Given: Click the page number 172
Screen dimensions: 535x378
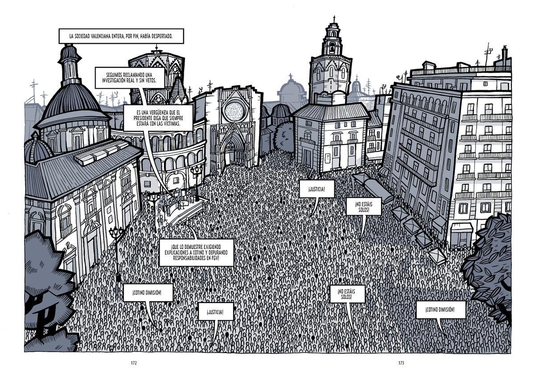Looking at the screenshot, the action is [x=133, y=363].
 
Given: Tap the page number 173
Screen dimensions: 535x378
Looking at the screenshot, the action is [x=401, y=363].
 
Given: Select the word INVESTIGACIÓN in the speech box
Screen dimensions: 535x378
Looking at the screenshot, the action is [x=114, y=80].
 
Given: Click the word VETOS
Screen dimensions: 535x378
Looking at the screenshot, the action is [x=151, y=80].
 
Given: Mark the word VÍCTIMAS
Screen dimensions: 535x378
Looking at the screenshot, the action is [x=172, y=124].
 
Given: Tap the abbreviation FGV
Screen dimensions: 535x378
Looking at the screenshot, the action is [x=215, y=258].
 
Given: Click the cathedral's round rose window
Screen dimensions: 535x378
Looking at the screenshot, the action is [x=235, y=112].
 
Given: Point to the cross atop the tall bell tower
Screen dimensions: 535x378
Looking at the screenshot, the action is [x=334, y=19].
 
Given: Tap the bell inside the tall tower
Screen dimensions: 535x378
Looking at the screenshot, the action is [x=332, y=49].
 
